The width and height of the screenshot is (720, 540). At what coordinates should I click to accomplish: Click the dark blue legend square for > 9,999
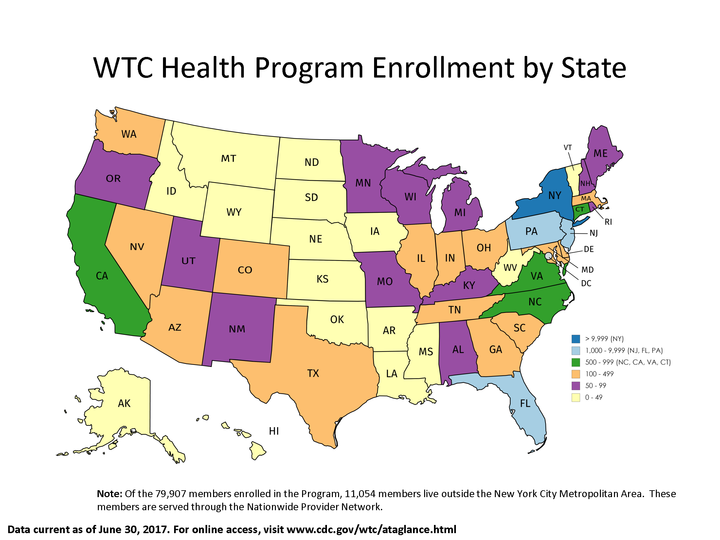tap(576, 339)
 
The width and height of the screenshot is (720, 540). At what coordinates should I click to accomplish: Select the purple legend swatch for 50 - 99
tap(576, 386)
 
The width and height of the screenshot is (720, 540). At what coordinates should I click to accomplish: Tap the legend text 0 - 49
tap(594, 398)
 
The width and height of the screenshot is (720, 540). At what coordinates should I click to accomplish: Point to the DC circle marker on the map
tap(549, 256)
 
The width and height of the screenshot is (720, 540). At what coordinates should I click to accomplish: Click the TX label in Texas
tap(313, 373)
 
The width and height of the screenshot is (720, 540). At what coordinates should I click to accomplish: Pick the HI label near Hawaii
tap(274, 431)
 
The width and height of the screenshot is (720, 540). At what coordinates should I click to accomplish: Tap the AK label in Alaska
tap(124, 404)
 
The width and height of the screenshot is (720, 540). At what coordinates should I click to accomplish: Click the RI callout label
tap(608, 222)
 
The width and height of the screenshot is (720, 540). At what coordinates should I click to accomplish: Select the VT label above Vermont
tap(567, 148)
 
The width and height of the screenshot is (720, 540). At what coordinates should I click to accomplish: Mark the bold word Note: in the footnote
tap(110, 494)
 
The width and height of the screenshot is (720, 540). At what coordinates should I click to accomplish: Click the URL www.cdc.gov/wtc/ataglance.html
tap(371, 530)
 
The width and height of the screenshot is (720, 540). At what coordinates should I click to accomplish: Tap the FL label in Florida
tap(525, 404)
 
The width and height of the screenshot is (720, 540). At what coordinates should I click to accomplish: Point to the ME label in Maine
tap(601, 153)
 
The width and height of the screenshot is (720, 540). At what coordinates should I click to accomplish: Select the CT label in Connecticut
tap(580, 209)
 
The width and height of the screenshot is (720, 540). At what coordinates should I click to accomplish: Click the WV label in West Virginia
tap(510, 268)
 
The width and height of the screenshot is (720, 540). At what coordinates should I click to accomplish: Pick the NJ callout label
tap(593, 233)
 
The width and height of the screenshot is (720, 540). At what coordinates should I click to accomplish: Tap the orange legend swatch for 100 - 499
tap(576, 374)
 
